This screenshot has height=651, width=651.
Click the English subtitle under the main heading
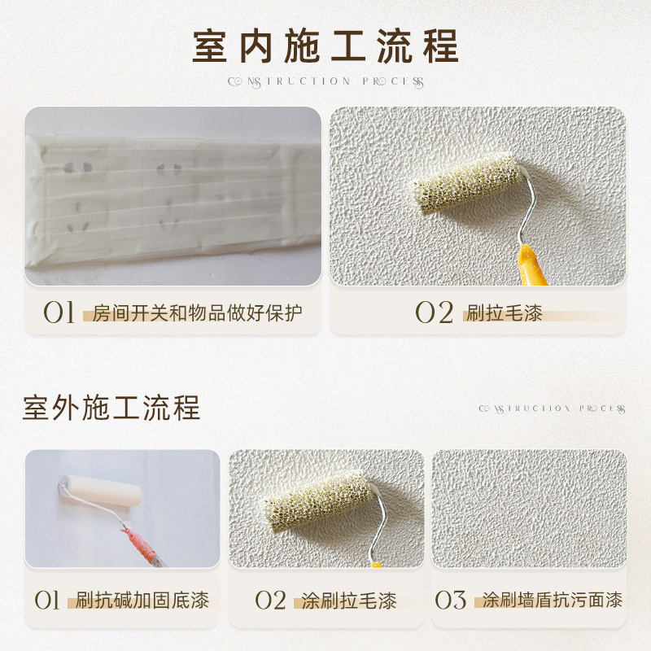click(x=325, y=81)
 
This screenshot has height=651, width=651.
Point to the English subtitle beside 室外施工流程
click(x=552, y=409)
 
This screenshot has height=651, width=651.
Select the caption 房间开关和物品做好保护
click(x=197, y=312)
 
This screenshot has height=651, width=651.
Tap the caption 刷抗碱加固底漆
click(x=142, y=601)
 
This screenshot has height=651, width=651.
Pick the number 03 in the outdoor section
click(x=450, y=601)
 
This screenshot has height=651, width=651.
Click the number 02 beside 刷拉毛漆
click(x=434, y=312)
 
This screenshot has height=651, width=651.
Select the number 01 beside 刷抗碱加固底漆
click(x=47, y=601)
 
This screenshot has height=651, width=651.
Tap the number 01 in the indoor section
click(x=59, y=312)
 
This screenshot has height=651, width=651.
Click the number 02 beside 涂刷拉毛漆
click(x=270, y=601)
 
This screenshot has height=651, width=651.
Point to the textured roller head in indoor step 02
click(x=467, y=184)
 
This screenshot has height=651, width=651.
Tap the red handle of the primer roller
click(x=140, y=545)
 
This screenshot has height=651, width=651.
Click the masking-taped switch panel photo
click(x=173, y=195)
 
